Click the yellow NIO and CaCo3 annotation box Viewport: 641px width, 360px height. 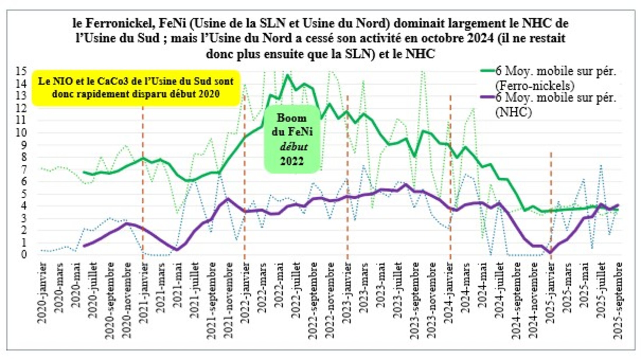point(136,88)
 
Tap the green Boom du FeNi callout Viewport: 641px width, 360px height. point(292,139)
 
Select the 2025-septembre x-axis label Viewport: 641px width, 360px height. point(618,300)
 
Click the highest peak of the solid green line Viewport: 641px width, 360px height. point(287,75)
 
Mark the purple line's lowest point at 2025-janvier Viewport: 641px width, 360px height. point(550,252)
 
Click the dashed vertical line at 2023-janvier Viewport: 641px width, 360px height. point(347,175)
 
